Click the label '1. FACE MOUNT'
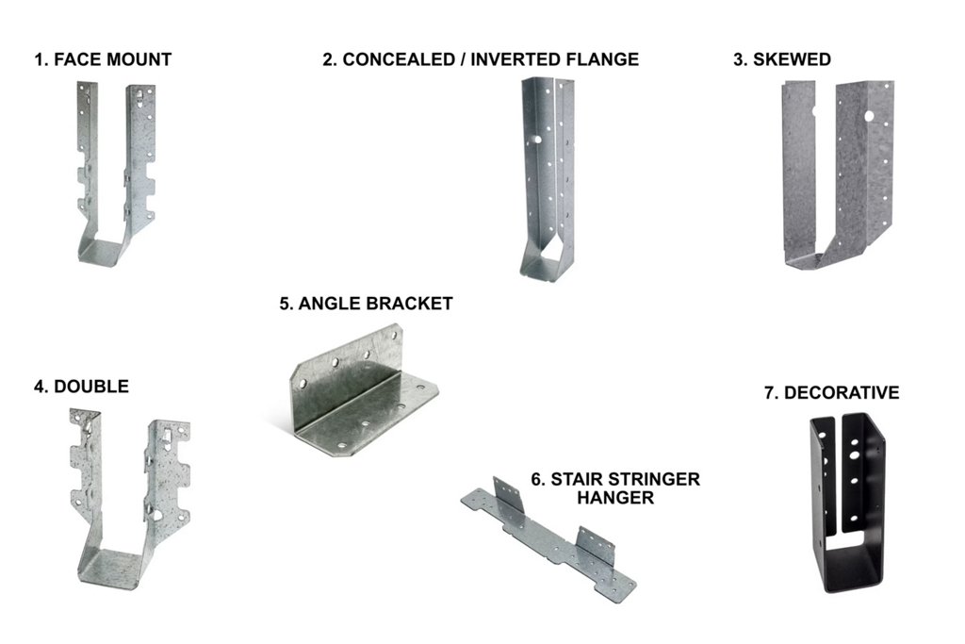(x=103, y=60)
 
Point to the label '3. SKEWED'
(x=782, y=60)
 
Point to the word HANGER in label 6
(x=614, y=498)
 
